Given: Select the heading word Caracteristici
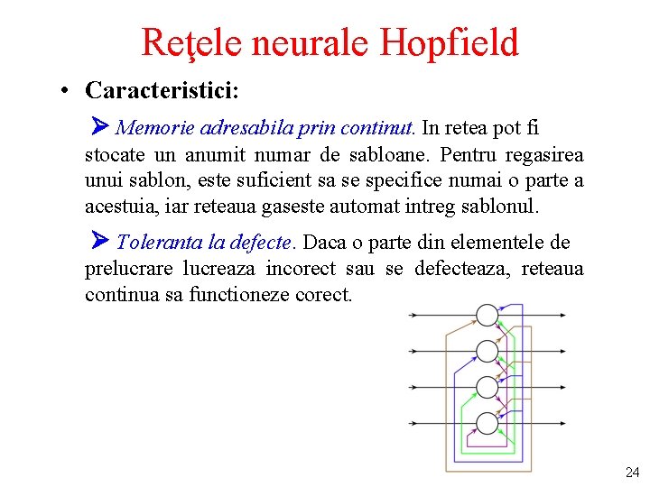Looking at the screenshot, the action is (162, 90).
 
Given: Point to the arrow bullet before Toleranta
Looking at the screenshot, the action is (100, 242).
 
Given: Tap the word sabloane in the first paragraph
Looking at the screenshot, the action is (413, 154).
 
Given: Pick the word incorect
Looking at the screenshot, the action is (300, 269).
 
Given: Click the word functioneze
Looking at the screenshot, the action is (239, 295).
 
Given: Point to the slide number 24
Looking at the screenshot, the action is (632, 472).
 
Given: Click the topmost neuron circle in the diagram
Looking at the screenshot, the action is (487, 315).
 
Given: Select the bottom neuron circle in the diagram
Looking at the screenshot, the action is (487, 423).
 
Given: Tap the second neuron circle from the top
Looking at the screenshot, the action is (487, 351).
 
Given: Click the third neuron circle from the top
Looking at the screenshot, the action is (487, 387).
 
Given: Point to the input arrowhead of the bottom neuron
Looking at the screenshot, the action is (470, 423).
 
